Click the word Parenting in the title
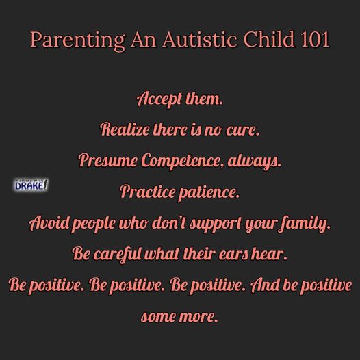tap(77, 40)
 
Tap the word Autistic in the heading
tap(200, 39)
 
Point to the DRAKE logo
tap(31, 185)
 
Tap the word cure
tap(243, 130)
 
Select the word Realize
tap(125, 129)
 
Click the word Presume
tap(108, 160)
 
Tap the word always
tap(255, 162)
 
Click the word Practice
tap(147, 192)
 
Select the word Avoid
tap(49, 223)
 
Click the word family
tap(305, 224)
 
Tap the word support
tap(215, 224)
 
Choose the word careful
tap(116, 255)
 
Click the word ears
tap(233, 255)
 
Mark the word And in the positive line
tap(265, 285)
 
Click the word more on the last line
tap(198, 317)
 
